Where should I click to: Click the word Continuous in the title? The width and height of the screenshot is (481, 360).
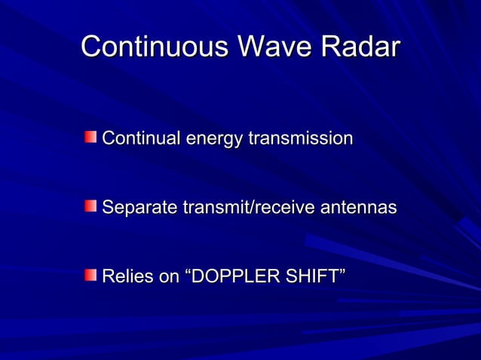[155, 47]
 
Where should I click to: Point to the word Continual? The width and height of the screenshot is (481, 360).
[141, 139]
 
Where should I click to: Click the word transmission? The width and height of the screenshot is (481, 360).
[300, 139]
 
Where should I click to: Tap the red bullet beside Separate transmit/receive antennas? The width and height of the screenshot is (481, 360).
[90, 206]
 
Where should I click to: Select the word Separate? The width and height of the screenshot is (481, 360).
[138, 208]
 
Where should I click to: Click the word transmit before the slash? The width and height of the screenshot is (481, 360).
[209, 207]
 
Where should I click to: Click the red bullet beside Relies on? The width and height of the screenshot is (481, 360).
[90, 275]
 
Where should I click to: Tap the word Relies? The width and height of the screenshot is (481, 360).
[125, 276]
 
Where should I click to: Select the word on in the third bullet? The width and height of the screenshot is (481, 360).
[168, 276]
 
